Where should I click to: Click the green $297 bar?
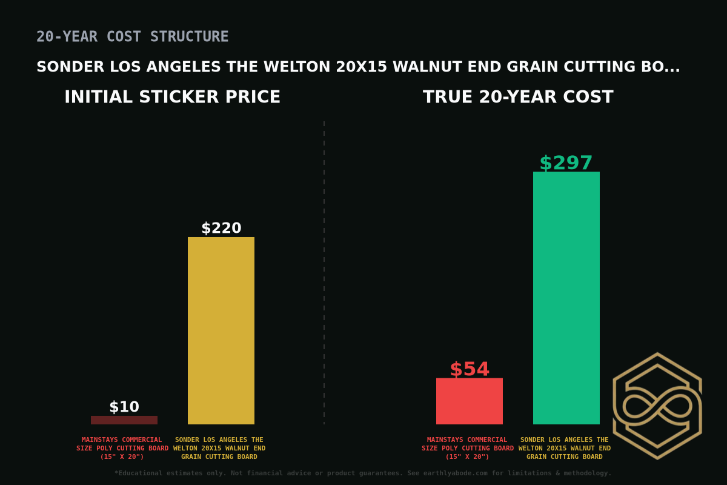pyautogui.click(x=566, y=298)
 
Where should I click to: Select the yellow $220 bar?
pyautogui.click(x=221, y=330)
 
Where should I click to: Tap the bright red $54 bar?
pyautogui.click(x=469, y=401)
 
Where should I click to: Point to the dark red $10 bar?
pyautogui.click(x=124, y=420)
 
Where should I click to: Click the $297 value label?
pyautogui.click(x=566, y=163)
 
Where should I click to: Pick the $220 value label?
pyautogui.click(x=221, y=228)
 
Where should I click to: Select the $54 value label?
pyautogui.click(x=469, y=369)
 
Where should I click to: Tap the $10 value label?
pyautogui.click(x=124, y=407)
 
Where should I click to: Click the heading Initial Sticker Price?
pyautogui.click(x=172, y=97)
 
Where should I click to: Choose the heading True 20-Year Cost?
pyautogui.click(x=518, y=97)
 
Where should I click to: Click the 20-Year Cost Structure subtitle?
pyautogui.click(x=132, y=37)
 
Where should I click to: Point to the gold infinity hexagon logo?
pyautogui.click(x=657, y=406)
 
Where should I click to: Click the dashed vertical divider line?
pyautogui.click(x=324, y=273)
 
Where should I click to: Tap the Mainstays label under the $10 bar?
pyautogui.click(x=122, y=448)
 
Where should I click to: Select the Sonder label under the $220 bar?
pyautogui.click(x=219, y=448)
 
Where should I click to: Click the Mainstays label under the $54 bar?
pyautogui.click(x=468, y=448)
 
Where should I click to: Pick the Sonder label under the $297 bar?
pyautogui.click(x=565, y=448)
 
